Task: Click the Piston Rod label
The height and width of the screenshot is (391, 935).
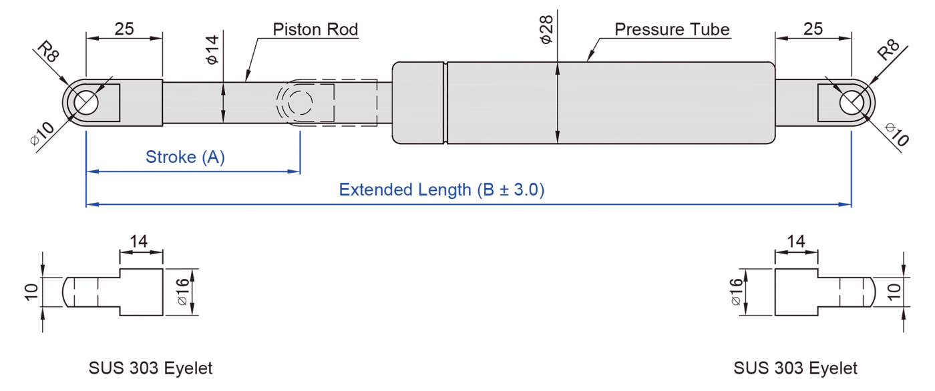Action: click(x=315, y=29)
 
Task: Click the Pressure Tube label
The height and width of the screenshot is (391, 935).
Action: click(x=672, y=29)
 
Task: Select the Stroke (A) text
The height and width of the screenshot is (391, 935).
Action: click(x=185, y=157)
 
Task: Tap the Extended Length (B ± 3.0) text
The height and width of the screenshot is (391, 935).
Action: click(x=441, y=189)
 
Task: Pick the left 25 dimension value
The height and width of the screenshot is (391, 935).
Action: click(x=124, y=29)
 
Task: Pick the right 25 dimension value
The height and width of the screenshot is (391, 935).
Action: click(x=813, y=29)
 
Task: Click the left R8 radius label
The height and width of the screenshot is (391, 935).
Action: click(x=48, y=52)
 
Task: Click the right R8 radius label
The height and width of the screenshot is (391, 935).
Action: click(x=888, y=51)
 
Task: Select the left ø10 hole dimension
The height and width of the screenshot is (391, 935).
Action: click(x=41, y=135)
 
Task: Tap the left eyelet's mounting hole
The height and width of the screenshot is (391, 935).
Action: click(x=86, y=103)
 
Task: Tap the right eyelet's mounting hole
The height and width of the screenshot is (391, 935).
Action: click(x=851, y=103)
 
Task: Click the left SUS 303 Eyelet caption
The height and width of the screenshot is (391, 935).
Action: click(x=150, y=368)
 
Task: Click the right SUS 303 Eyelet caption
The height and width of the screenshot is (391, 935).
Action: click(x=795, y=368)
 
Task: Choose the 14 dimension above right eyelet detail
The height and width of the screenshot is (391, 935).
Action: click(x=796, y=241)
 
